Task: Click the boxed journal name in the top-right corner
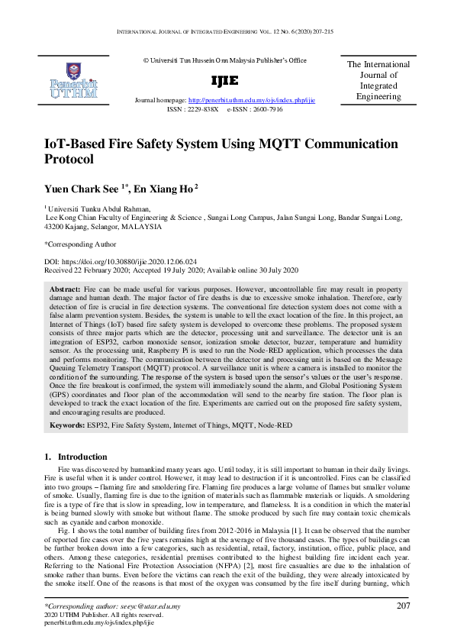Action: click(x=378, y=81)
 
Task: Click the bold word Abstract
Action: click(x=65, y=292)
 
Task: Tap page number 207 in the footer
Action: click(x=404, y=606)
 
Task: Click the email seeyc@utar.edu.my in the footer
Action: click(x=148, y=606)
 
